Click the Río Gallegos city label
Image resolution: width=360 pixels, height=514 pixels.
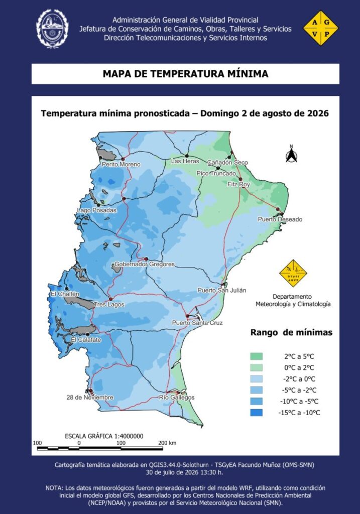(177, 398)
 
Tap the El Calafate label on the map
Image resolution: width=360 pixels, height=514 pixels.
(86, 340)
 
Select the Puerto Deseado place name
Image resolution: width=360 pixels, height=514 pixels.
(280, 219)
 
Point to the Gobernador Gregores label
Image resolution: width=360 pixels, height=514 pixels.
(145, 264)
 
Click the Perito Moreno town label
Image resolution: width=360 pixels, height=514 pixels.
(121, 164)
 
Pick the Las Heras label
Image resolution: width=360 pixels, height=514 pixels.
(185, 161)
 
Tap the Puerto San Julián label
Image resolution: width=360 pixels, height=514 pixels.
(221, 290)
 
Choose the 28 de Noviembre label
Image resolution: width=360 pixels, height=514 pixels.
(90, 398)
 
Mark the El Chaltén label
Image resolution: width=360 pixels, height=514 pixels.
(65, 294)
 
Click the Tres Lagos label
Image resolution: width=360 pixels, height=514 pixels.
(109, 305)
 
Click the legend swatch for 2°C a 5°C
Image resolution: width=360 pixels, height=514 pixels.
(257, 356)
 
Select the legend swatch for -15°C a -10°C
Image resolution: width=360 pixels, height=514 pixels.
(257, 413)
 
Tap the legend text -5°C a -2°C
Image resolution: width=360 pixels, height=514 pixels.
(299, 390)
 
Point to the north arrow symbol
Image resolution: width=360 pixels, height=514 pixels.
(291, 154)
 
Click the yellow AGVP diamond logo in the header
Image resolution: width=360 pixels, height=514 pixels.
(321, 28)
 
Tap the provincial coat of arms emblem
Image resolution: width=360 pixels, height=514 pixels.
(52, 29)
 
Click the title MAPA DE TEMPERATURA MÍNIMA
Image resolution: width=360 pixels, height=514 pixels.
(186, 73)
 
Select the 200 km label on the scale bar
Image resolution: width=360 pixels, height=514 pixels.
(167, 443)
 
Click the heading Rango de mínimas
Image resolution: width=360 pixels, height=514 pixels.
(292, 332)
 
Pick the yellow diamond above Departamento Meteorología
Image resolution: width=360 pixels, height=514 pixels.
(293, 274)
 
